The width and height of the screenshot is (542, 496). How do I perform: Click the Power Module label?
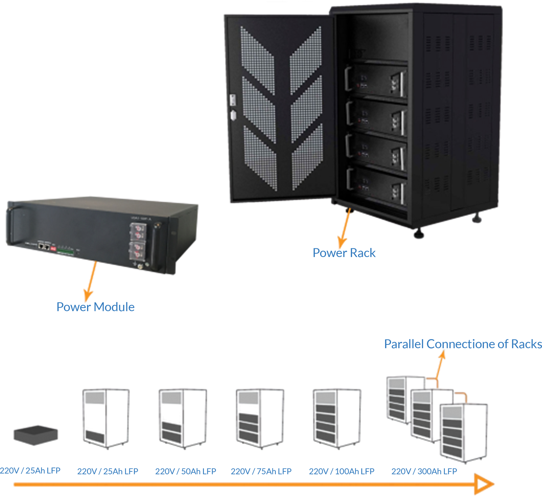coord(95,307)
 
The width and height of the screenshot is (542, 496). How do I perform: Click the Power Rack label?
coord(344,253)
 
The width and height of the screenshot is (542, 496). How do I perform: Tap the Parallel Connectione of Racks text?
coord(463,344)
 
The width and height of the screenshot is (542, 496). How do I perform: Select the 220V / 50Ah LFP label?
coord(185,471)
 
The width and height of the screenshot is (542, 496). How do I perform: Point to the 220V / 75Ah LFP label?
coord(261,471)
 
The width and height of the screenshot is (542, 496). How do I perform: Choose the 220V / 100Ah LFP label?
coord(341,471)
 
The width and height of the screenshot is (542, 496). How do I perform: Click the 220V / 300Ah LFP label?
coord(424,471)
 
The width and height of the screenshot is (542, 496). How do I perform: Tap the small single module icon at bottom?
coord(36,435)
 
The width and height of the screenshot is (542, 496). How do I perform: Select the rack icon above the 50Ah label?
coord(182,418)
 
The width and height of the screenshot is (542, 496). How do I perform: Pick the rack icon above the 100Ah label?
coord(336,418)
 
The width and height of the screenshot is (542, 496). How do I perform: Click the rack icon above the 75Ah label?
coord(260,418)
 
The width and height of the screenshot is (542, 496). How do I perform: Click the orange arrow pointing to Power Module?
coord(90,280)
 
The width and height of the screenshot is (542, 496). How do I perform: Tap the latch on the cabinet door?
coord(233,100)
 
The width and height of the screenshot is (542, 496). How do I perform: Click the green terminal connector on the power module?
coord(65,250)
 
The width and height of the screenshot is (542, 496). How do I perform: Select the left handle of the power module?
coord(11,226)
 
